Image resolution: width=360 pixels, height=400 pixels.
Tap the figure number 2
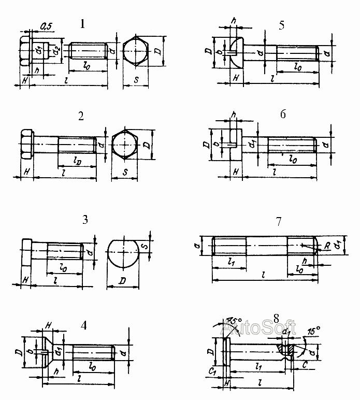[81, 116]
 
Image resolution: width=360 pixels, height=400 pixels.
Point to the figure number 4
[84, 325]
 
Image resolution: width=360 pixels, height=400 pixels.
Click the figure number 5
[281, 26]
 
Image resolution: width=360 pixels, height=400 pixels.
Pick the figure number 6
[282, 115]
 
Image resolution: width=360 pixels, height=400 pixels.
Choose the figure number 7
[279, 221]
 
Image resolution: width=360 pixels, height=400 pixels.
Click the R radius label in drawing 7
[327, 248]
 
